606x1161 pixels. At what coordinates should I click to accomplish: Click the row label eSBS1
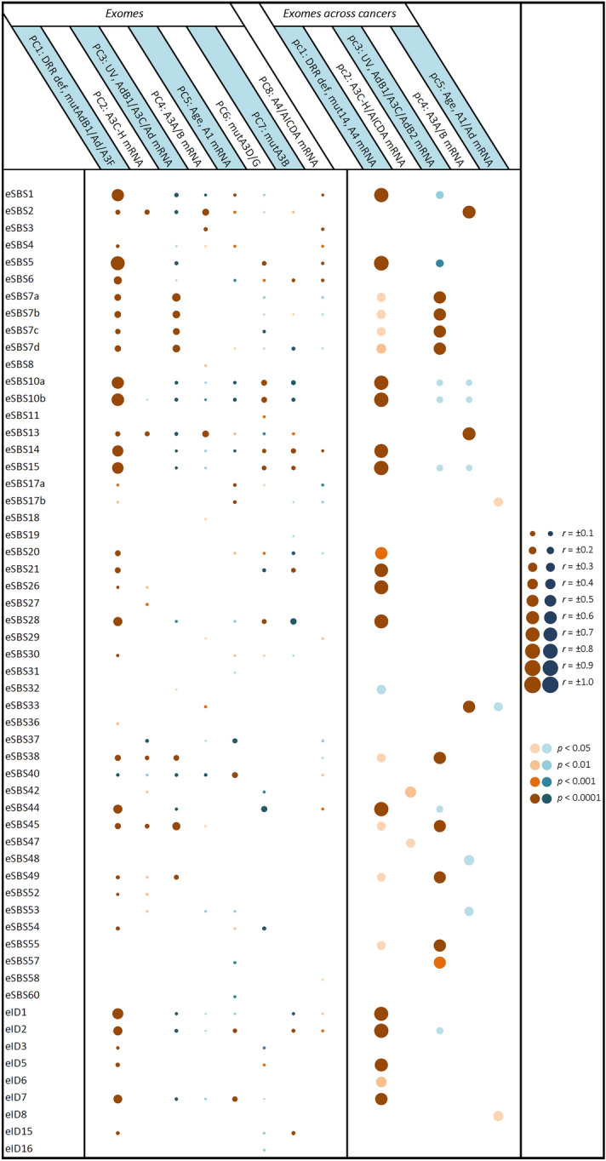(x=20, y=195)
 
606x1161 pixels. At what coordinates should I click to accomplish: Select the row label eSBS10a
(x=24, y=382)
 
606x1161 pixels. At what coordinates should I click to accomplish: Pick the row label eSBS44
(x=22, y=808)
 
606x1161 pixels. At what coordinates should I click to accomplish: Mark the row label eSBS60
(x=22, y=995)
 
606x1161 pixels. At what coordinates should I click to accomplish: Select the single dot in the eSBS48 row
(x=469, y=859)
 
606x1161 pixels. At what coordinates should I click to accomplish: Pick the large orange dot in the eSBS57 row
(x=439, y=962)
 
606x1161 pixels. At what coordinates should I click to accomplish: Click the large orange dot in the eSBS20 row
(x=381, y=553)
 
